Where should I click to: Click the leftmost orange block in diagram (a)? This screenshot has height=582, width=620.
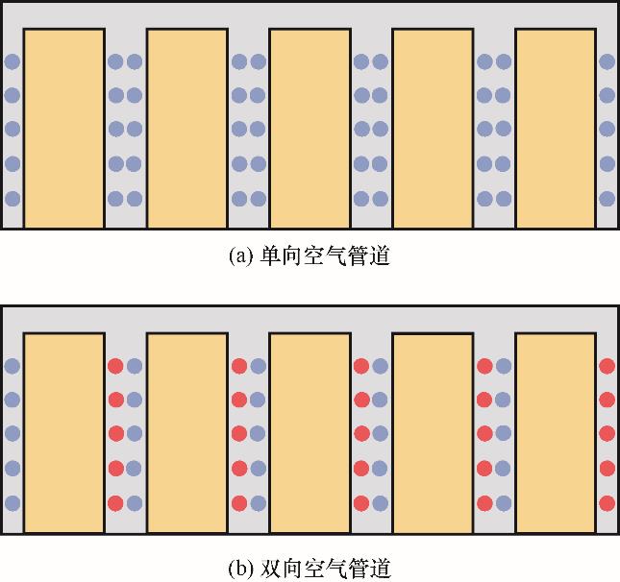[x=63, y=128]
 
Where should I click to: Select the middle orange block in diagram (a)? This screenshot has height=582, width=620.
[x=310, y=128]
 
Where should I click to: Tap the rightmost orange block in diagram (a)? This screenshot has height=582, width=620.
[x=556, y=128]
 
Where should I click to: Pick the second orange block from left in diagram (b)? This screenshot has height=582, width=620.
[x=186, y=432]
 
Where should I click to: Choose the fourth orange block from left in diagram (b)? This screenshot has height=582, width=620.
[x=433, y=432]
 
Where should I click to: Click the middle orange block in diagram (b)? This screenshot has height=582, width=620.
[x=310, y=432]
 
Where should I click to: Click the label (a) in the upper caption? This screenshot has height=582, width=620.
[x=240, y=257]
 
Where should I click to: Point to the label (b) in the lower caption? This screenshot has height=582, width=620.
[x=240, y=569]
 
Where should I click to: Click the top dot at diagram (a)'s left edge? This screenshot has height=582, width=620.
[x=12, y=62]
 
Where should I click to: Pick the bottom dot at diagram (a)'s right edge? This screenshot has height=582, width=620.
[x=607, y=199]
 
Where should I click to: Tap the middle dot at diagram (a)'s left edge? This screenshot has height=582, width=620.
[x=12, y=130]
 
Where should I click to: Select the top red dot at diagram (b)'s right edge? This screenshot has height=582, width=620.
[x=607, y=366]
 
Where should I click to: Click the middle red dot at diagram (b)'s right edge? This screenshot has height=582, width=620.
[x=607, y=433]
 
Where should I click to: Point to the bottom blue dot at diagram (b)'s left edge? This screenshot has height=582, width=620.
[x=12, y=502]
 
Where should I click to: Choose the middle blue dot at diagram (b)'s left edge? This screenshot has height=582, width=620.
[x=12, y=433]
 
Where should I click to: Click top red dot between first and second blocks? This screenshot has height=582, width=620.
[x=115, y=366]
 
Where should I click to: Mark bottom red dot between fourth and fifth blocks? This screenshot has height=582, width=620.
[x=484, y=502]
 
